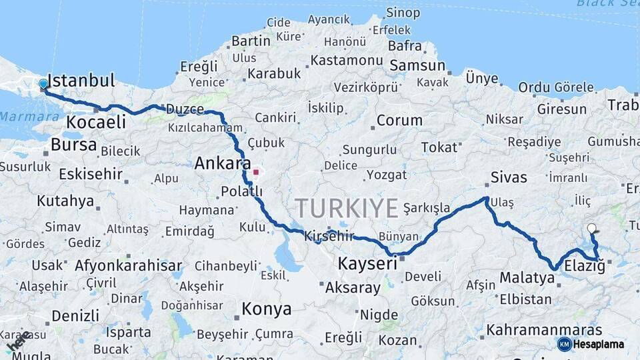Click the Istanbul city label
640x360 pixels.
(x=81, y=81)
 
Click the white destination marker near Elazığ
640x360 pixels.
(x=591, y=229)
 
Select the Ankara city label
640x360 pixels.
(x=223, y=163)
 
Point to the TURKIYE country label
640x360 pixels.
(x=347, y=208)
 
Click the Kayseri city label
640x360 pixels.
(x=367, y=263)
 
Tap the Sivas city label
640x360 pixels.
(x=509, y=177)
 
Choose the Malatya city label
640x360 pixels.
(x=527, y=277)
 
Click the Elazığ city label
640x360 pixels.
(x=585, y=266)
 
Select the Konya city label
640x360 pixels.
(x=266, y=309)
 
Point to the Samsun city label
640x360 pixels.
(x=417, y=65)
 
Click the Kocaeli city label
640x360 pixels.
(x=96, y=122)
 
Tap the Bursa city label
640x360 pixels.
(x=73, y=145)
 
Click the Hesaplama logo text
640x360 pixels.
(x=599, y=345)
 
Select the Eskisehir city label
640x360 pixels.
(x=91, y=175)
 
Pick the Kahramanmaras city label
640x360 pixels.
(x=544, y=330)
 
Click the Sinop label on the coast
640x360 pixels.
(x=403, y=12)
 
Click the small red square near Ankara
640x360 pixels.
(x=256, y=171)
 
